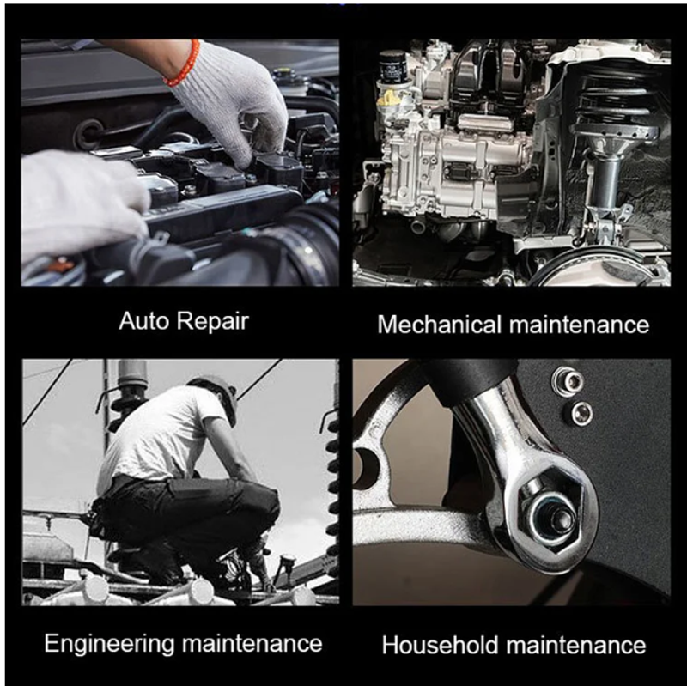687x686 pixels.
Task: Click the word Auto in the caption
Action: coord(143,320)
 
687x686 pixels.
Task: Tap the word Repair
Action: coord(213,322)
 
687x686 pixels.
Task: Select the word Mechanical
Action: coord(440,325)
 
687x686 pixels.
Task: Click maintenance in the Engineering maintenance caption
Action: coord(252,644)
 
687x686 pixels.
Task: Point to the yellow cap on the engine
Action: coord(389,99)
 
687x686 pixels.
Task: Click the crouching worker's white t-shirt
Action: coord(158,438)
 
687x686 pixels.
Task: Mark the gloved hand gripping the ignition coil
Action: coord(228,100)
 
